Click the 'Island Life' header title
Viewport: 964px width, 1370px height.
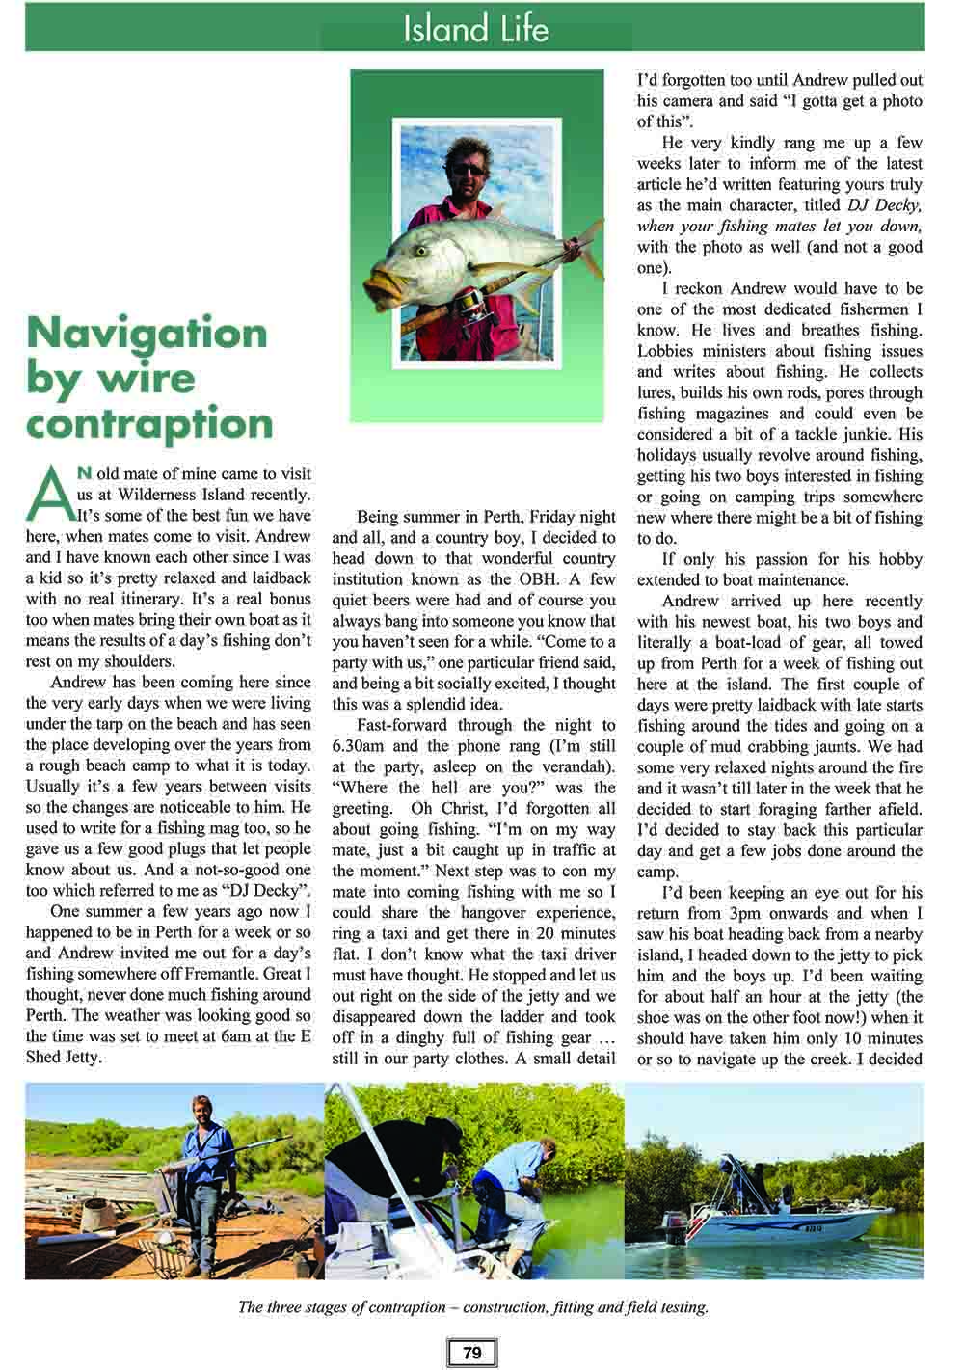pos(475,29)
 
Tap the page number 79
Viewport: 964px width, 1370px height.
pos(471,1353)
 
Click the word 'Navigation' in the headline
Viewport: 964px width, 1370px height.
pos(147,333)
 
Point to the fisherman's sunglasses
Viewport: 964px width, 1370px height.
pos(469,170)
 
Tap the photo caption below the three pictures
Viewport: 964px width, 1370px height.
pos(473,1308)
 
